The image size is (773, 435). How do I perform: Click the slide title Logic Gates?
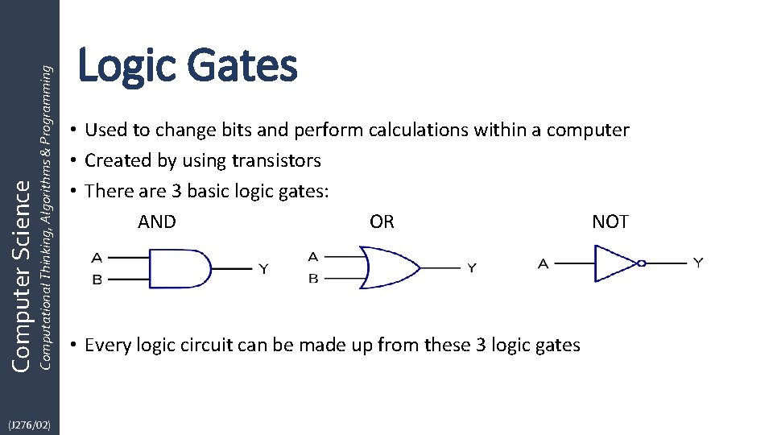click(x=187, y=66)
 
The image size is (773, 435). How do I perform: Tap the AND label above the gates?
click(x=157, y=222)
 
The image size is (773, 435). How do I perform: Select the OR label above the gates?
click(x=382, y=222)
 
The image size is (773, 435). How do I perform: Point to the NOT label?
click(x=610, y=222)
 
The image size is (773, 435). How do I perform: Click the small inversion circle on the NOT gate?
click(x=642, y=263)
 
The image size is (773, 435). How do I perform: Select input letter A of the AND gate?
click(x=97, y=259)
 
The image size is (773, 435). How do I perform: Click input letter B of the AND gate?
click(x=97, y=280)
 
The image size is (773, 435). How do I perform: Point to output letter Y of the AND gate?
click(x=263, y=269)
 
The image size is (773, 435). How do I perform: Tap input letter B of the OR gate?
click(x=313, y=279)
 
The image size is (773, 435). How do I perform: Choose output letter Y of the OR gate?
click(x=472, y=268)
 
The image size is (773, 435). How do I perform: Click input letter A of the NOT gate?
click(x=544, y=263)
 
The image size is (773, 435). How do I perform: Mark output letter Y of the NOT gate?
click(x=698, y=263)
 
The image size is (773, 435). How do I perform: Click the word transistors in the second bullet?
click(x=276, y=161)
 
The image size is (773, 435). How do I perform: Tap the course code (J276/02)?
click(x=29, y=424)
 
